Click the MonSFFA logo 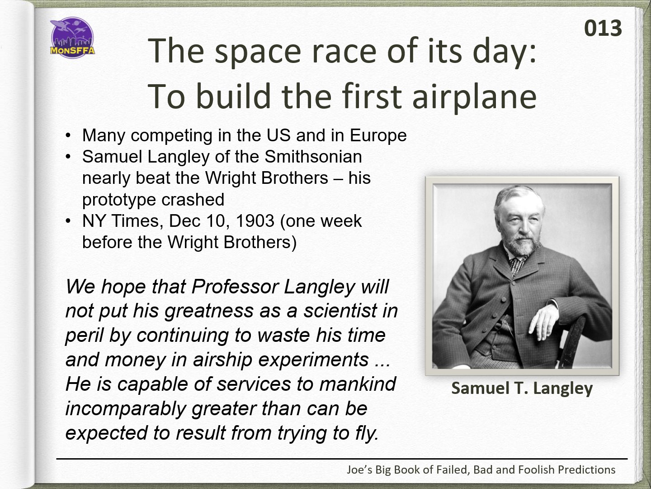72,38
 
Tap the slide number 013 603,29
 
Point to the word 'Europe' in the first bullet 378,136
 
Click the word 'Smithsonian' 313,157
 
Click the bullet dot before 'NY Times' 68,221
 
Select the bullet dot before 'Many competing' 68,136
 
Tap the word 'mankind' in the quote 358,384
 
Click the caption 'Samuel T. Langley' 522,388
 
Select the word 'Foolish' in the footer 532,470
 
